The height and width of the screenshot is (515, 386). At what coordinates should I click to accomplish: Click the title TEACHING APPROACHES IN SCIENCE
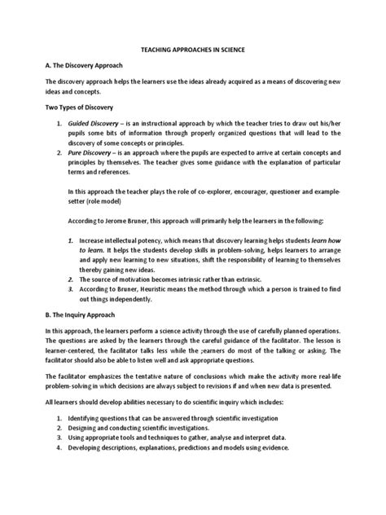[x=193, y=50]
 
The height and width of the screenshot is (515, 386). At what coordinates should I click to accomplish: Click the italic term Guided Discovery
[x=95, y=123]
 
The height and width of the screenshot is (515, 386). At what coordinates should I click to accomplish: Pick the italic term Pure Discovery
[x=90, y=152]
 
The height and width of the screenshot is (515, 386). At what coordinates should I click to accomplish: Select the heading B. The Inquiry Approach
[x=86, y=314]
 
